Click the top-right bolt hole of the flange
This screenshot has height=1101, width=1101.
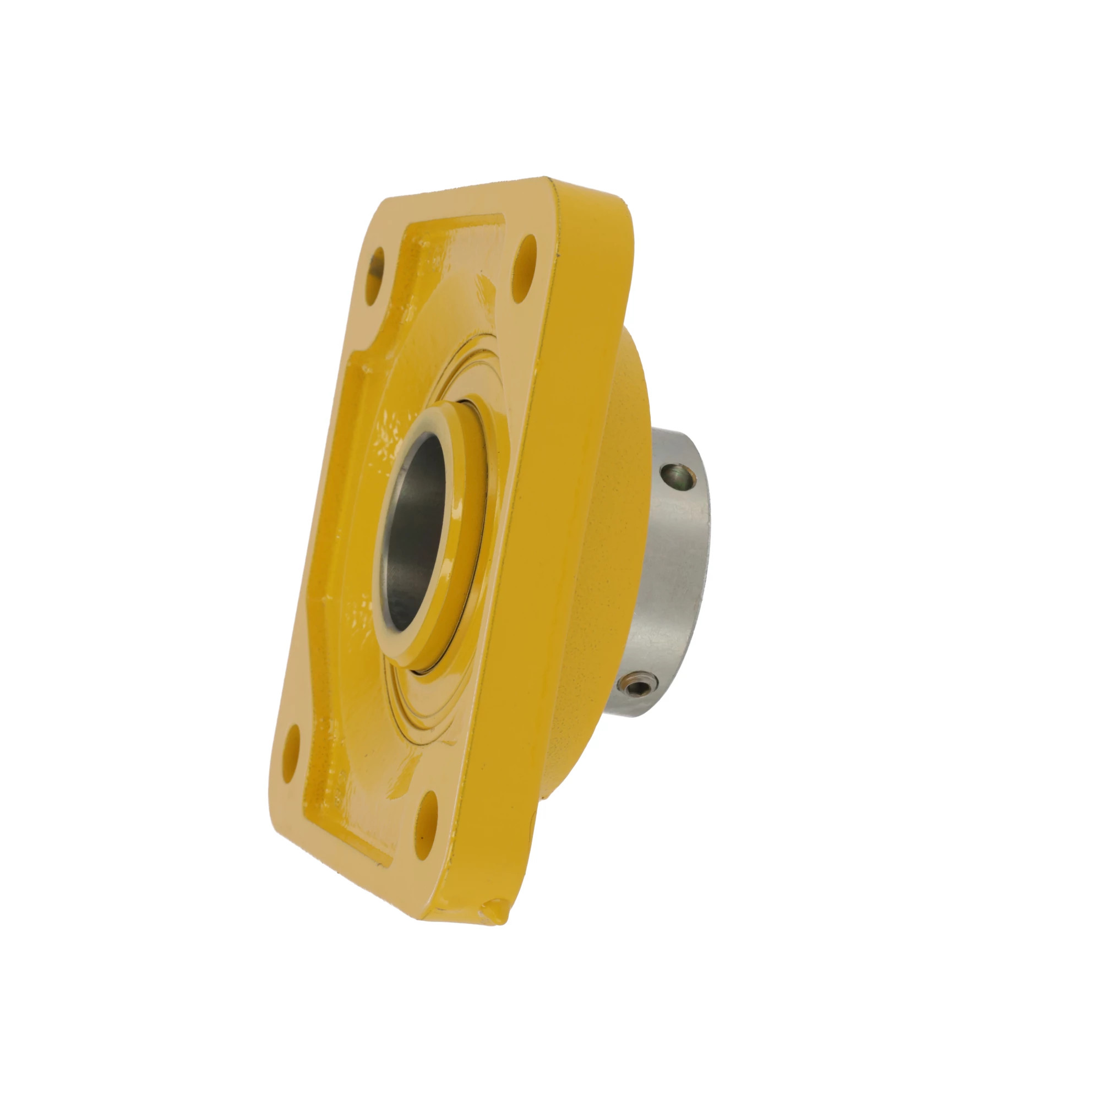525,269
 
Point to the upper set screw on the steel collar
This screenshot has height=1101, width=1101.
677,474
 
